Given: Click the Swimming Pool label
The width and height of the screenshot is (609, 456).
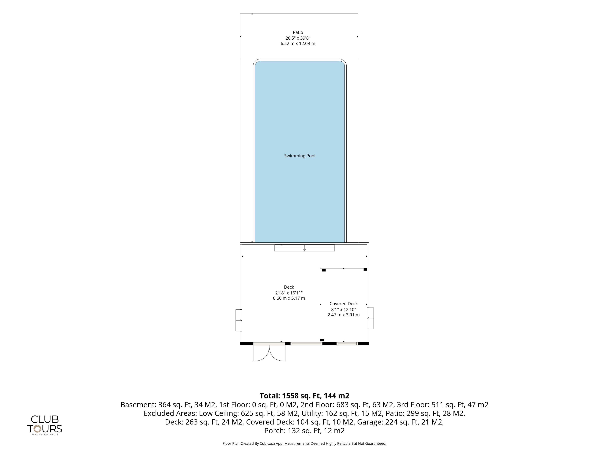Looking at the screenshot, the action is tap(300, 156).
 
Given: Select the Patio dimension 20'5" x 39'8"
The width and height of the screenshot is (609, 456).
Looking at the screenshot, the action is tap(298, 38).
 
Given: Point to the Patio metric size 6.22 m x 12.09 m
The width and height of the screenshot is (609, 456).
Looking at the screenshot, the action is tap(298, 43).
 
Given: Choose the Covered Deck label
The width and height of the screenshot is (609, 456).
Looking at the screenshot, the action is tap(344, 304).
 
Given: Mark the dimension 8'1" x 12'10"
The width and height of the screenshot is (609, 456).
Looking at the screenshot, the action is tap(344, 309).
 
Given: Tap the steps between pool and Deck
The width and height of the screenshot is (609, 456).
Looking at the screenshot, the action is tap(304, 248).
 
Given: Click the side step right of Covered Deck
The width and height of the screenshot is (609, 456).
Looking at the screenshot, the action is tap(370, 318).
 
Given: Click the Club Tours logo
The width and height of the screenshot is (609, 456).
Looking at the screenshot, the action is tap(45, 425).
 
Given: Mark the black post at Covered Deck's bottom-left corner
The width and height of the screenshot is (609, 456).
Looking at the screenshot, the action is tap(322, 340).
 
